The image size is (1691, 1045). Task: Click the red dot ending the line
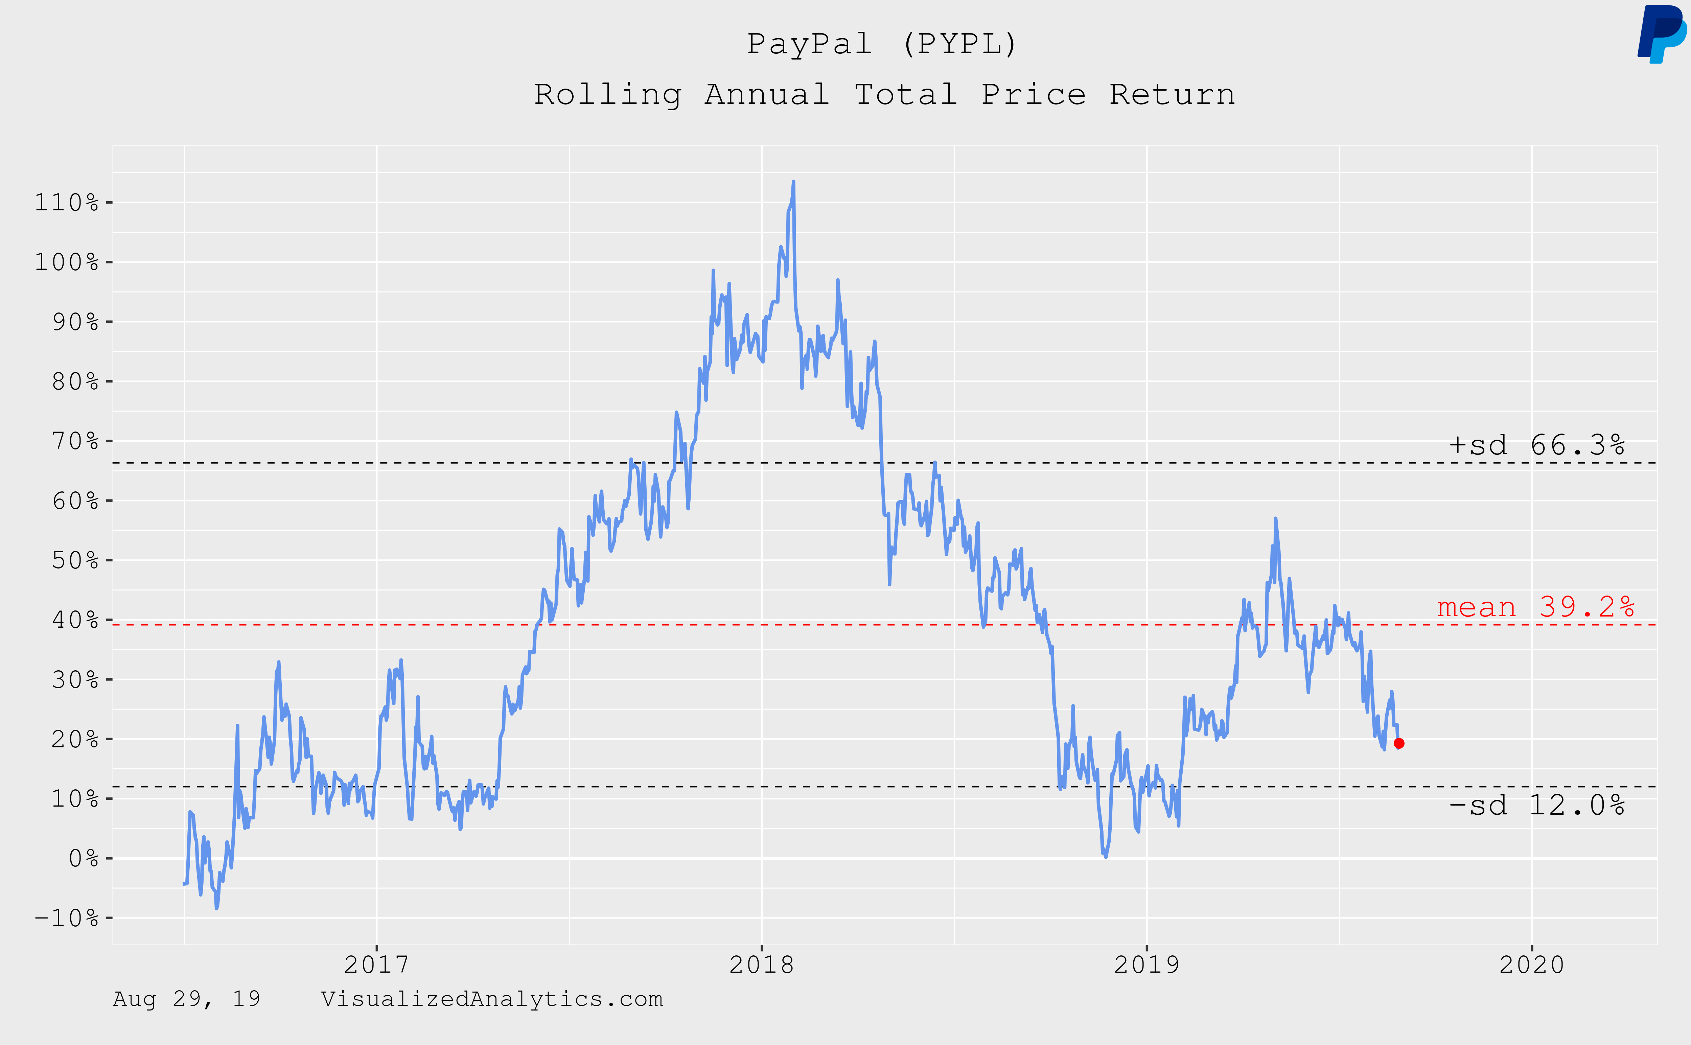click(1399, 744)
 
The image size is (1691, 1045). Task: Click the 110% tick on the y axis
click(67, 203)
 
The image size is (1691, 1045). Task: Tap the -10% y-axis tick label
click(67, 918)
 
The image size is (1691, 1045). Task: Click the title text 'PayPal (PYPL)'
click(882, 44)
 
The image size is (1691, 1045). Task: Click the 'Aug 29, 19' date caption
click(187, 999)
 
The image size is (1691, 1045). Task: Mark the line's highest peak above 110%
click(793, 182)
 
